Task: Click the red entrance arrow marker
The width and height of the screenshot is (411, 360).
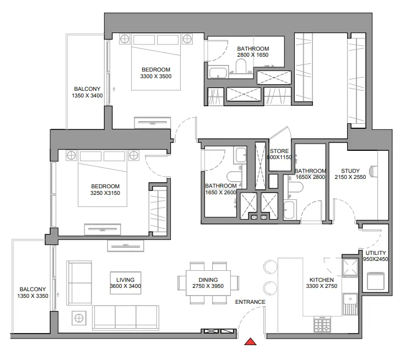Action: pos(251,343)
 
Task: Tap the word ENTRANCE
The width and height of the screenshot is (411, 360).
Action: pos(250,302)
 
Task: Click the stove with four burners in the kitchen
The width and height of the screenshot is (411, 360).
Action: pos(321,324)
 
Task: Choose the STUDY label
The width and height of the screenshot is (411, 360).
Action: pos(350,171)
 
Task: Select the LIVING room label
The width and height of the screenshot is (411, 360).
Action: pos(125,280)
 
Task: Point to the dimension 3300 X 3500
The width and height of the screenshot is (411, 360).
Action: pos(156,77)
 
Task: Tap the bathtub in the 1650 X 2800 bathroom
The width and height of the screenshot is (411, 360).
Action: pos(290,210)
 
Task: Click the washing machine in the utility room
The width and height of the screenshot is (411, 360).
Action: pos(375,281)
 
